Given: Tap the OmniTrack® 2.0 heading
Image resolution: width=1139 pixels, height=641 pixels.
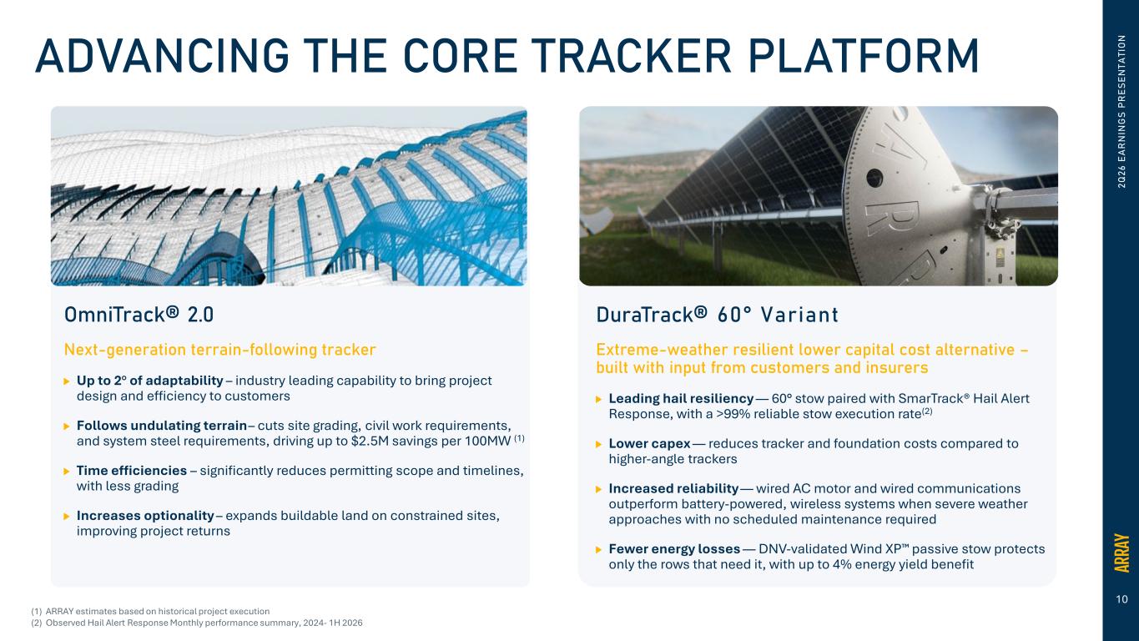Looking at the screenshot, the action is (x=139, y=315).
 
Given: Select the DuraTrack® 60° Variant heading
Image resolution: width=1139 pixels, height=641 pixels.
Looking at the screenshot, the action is (x=717, y=315).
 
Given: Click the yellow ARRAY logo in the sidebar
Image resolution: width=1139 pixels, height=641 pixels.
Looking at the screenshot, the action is (x=1121, y=553).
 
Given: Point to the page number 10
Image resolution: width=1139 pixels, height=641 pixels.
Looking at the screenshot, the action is (x=1121, y=599).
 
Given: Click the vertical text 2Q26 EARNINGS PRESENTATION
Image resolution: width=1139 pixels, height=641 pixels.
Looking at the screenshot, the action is (x=1121, y=112).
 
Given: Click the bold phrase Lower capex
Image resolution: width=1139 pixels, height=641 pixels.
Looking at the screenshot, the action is (x=649, y=444).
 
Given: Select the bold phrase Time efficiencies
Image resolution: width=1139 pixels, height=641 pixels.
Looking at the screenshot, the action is (x=132, y=471).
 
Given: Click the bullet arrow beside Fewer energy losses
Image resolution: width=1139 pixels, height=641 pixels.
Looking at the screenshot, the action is (x=598, y=549).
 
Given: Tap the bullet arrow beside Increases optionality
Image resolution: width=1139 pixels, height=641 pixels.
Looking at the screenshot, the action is (x=67, y=517).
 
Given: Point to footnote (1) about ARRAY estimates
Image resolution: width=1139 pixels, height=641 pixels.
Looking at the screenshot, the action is (x=150, y=612).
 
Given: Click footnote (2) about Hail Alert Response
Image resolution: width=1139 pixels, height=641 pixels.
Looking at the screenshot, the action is (x=197, y=623).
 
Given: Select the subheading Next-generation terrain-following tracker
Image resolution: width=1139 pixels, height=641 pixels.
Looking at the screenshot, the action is (x=219, y=350).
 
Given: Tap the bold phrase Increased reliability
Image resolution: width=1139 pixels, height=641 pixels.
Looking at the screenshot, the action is (x=673, y=489).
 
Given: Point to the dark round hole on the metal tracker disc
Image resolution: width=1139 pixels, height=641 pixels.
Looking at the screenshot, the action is (x=874, y=178).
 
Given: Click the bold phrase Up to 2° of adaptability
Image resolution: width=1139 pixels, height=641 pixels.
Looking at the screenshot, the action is (x=150, y=381).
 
